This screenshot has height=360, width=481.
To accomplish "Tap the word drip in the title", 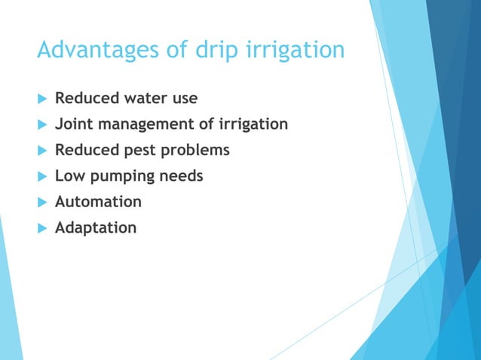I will (213, 50).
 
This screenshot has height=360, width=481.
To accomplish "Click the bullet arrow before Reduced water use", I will (41, 99).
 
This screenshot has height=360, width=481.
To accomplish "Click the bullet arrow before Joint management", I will (41, 125).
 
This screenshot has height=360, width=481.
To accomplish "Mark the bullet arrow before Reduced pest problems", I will (41, 151).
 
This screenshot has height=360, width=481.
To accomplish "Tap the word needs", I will (181, 175).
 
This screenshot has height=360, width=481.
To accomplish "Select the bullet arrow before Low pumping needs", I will (41, 176).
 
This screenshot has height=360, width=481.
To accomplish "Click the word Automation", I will (98, 201).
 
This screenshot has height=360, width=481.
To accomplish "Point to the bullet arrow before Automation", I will (41, 202).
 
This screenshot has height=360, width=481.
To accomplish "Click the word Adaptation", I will (96, 227).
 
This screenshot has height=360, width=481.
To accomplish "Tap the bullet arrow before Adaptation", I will (41, 227).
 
